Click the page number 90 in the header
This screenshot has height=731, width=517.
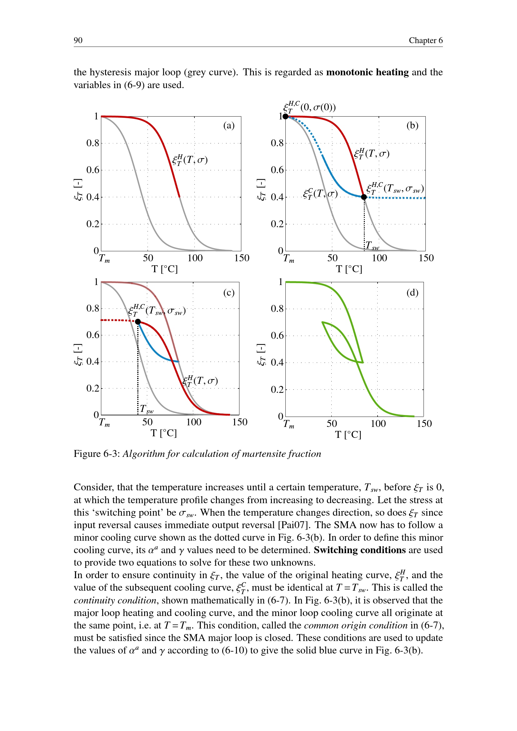(x=78, y=40)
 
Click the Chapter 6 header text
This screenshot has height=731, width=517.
(x=425, y=40)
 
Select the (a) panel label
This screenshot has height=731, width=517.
(x=228, y=125)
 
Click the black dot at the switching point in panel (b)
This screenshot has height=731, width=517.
(x=364, y=197)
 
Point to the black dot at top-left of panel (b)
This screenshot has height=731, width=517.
(x=286, y=117)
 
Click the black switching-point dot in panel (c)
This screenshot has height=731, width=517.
(x=138, y=322)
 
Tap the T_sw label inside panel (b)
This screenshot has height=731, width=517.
(x=372, y=245)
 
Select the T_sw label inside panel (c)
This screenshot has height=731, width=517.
(x=146, y=409)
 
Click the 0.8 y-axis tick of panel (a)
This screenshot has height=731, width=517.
(x=93, y=143)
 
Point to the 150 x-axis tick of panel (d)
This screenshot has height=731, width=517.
(x=424, y=423)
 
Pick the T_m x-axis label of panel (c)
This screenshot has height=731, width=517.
(x=104, y=423)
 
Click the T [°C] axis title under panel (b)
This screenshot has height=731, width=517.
(x=349, y=269)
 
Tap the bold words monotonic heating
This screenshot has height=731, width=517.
(x=367, y=72)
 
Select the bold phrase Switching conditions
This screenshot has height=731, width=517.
(x=359, y=550)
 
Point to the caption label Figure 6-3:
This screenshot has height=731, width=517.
(x=97, y=454)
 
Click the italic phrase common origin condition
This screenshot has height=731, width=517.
(x=355, y=625)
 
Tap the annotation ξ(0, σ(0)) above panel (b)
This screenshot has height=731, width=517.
(x=309, y=107)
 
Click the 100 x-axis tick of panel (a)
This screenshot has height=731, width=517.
(x=195, y=258)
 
